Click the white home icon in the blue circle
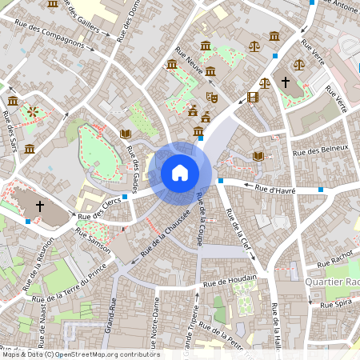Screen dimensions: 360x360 click(180, 173)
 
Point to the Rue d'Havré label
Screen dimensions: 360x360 click(275, 189)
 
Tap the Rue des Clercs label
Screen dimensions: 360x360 click(99, 207)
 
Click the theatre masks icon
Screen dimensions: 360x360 click(212, 96)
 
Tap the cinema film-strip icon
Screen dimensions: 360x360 click(254, 98)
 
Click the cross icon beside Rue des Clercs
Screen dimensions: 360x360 click(40, 206)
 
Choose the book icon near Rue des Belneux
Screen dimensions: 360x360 click(258, 156)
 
